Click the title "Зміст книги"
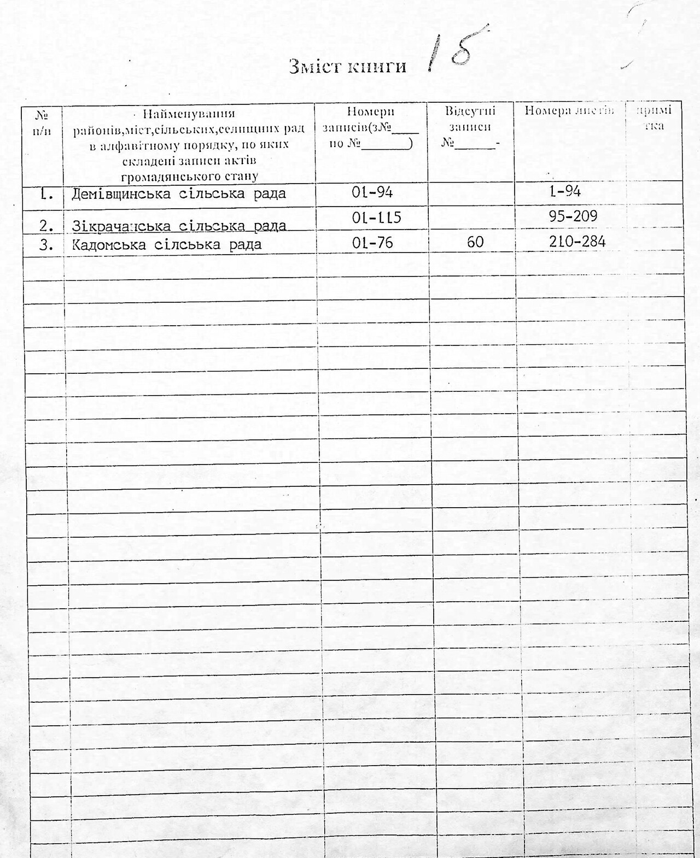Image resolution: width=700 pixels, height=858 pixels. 347,66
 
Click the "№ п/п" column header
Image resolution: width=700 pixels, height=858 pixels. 42,124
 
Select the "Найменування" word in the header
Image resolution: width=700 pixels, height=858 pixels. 189,114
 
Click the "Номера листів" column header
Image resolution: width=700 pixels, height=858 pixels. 569,111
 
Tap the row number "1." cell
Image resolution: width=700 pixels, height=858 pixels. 46,193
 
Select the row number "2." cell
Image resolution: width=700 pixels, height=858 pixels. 46,225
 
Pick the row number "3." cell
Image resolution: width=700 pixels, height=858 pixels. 46,245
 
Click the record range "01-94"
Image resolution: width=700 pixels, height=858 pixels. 372,192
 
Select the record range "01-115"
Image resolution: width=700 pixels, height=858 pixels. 376,218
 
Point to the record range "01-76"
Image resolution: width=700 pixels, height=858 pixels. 372,242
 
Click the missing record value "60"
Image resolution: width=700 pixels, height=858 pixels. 475,242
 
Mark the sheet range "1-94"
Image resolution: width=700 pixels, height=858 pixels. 565,191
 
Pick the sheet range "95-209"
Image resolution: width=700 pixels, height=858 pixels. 573,216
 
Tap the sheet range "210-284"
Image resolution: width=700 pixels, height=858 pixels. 577,241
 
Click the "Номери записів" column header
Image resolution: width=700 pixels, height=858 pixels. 370,127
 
